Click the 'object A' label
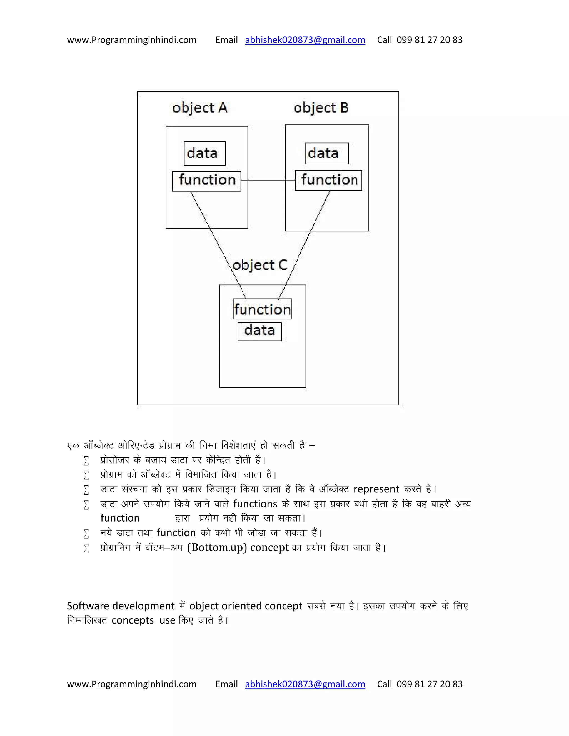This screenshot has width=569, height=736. (x=199, y=108)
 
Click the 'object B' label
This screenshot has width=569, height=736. (x=321, y=108)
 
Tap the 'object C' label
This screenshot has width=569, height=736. (x=259, y=265)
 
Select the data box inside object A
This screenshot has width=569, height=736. (x=204, y=153)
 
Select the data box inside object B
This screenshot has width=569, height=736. (x=326, y=153)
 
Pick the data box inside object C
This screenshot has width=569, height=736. (x=259, y=331)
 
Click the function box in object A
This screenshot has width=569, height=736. (x=206, y=181)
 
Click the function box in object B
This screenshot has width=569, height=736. (x=328, y=180)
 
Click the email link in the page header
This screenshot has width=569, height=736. (x=305, y=40)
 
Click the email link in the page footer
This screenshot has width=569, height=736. (x=305, y=684)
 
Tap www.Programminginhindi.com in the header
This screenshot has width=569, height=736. (x=131, y=40)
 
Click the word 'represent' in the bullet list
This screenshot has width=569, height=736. (x=376, y=489)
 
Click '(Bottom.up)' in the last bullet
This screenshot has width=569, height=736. (x=217, y=547)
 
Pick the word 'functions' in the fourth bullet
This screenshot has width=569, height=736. (x=255, y=504)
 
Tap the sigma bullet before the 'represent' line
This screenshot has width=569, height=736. (x=86, y=490)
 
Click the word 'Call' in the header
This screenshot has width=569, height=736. (x=384, y=40)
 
